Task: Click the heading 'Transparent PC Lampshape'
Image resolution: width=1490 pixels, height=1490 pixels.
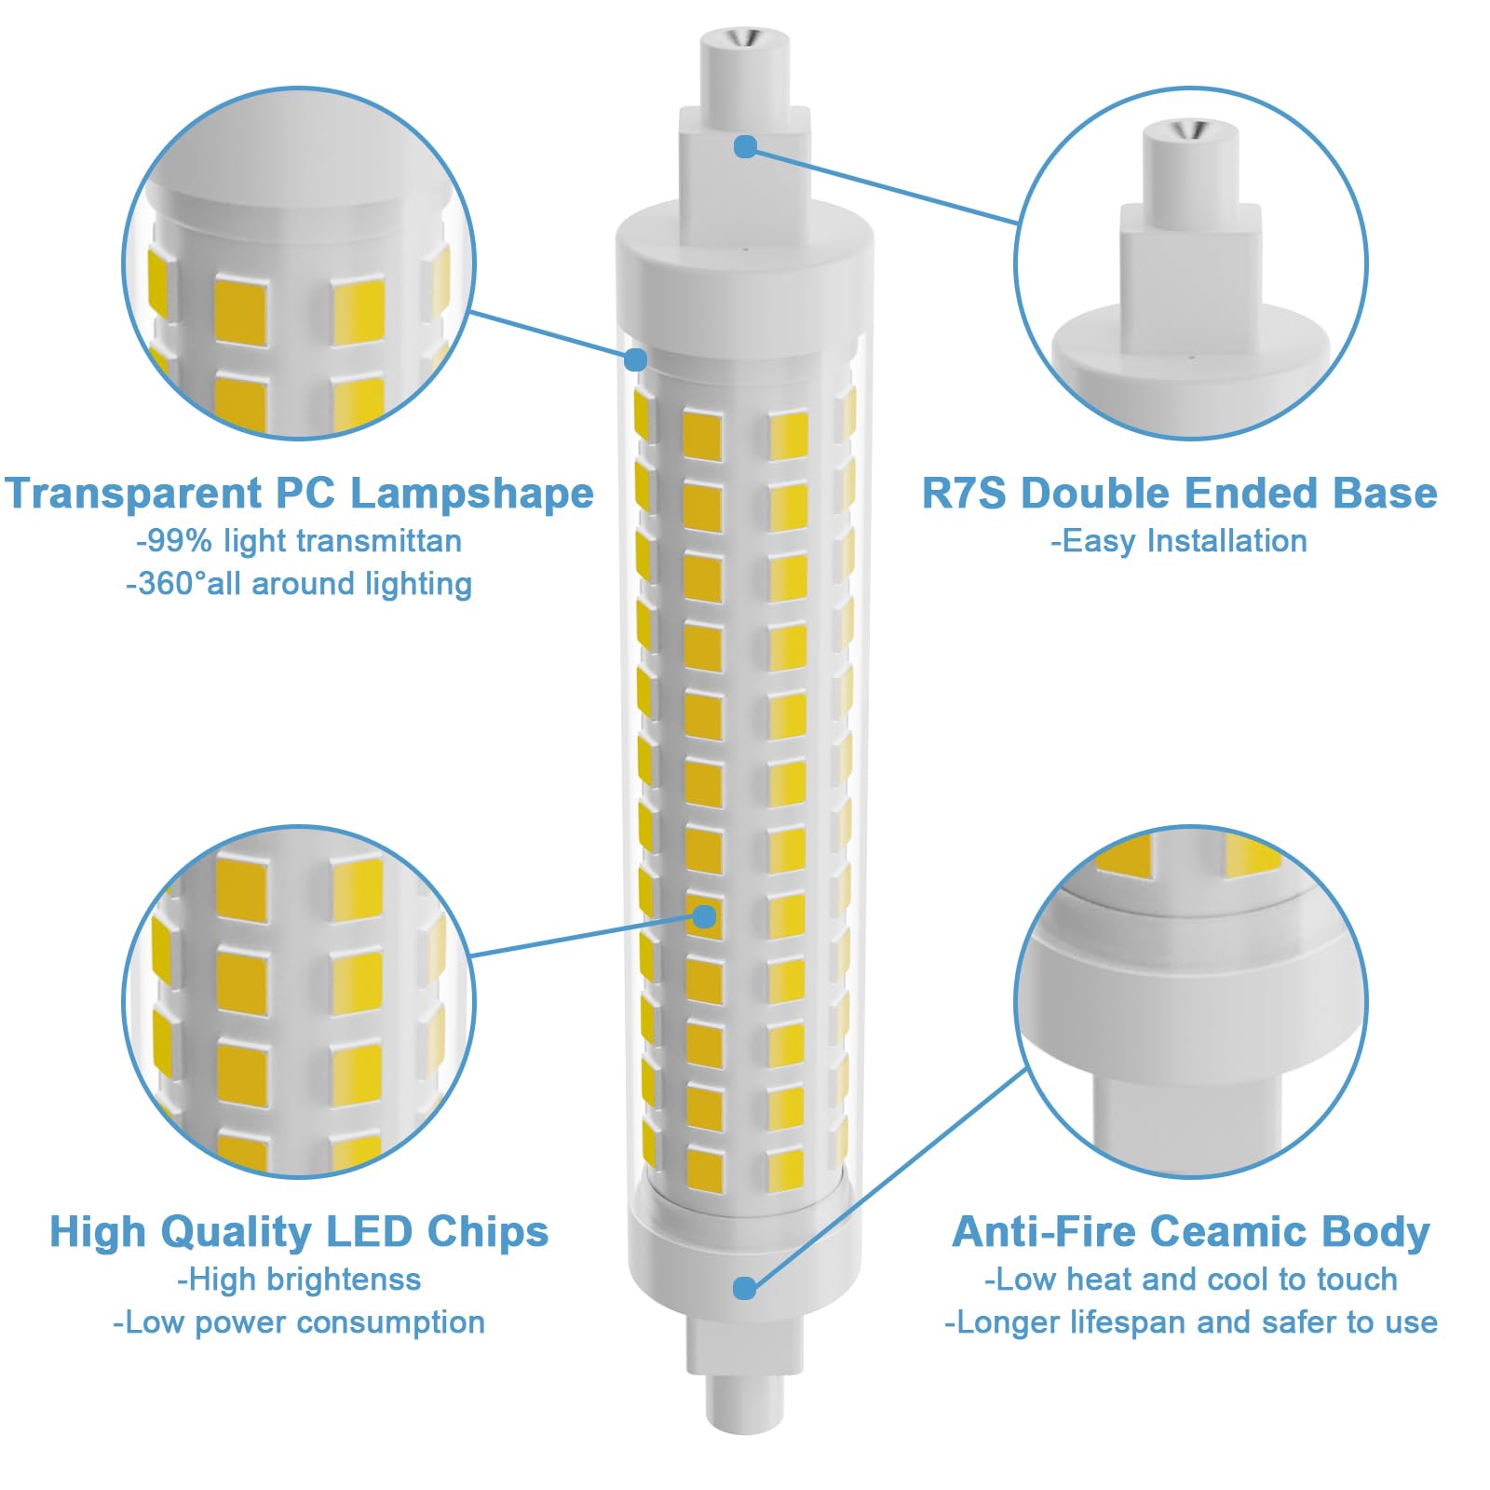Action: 299,494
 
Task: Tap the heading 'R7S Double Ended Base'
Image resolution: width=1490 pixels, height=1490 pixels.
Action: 1179,494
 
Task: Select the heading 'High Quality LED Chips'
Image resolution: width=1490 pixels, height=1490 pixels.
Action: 299,1232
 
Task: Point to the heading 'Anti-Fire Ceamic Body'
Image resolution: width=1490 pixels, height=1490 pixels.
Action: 1191,1232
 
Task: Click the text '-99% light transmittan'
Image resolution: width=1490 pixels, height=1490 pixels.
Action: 299,541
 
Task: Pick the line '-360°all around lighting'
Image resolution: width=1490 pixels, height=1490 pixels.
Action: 299,584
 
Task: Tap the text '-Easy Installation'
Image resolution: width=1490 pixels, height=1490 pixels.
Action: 1179,541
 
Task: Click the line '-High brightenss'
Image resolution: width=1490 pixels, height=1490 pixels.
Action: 299,1280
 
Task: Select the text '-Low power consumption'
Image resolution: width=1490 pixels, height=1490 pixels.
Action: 299,1322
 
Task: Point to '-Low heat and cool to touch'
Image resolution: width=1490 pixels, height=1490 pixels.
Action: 1191,1280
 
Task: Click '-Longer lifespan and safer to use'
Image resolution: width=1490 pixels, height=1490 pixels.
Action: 1191,1322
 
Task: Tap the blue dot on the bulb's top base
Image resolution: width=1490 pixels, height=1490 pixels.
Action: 745,146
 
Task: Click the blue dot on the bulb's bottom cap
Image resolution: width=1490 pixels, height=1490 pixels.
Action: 744,1288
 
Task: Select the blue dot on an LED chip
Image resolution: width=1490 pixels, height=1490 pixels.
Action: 705,916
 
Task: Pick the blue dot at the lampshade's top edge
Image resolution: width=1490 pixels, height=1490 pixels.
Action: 636,359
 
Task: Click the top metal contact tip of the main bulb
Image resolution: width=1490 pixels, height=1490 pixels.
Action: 745,39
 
